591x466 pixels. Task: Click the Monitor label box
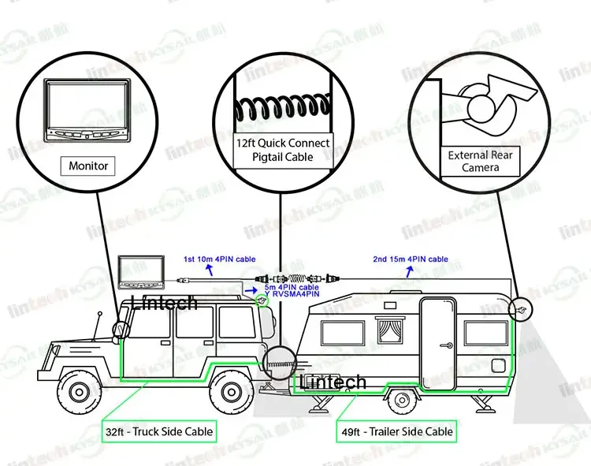pos(88,166)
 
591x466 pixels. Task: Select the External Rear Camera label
pos(480,161)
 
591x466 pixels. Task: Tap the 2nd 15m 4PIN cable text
pos(410,259)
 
